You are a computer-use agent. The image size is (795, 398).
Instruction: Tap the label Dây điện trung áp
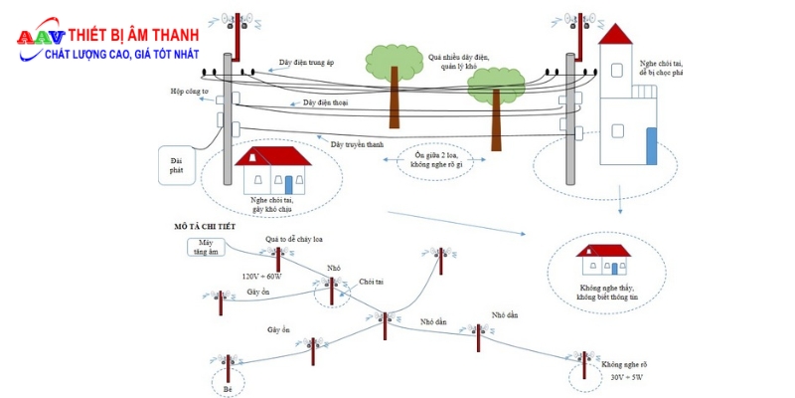(x=306, y=63)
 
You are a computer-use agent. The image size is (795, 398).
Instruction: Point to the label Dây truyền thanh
(x=357, y=144)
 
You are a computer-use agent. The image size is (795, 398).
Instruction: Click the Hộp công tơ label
(x=189, y=92)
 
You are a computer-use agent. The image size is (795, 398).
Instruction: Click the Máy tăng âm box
(x=206, y=247)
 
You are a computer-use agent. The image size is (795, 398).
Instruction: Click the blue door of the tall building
(x=651, y=146)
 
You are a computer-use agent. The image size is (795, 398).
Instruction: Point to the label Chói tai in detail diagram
(x=372, y=282)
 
